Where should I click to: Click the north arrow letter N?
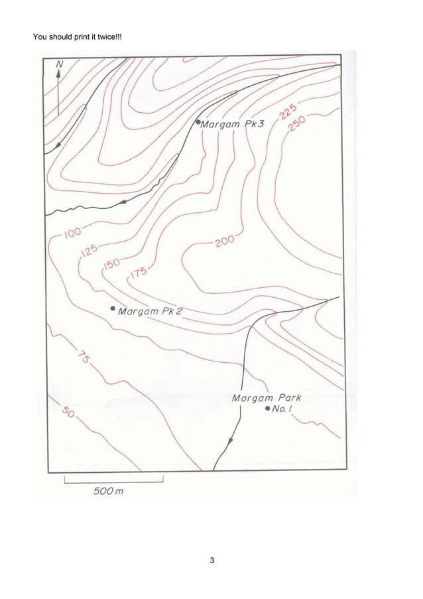tap(60, 64)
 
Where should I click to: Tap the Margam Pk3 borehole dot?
tap(198, 123)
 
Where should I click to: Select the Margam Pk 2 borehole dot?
tap(113, 309)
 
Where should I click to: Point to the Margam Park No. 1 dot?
tap(267, 409)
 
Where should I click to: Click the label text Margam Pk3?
tap(233, 124)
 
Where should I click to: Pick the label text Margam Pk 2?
tap(151, 310)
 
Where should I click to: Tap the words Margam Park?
tap(267, 398)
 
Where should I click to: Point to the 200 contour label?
tap(224, 241)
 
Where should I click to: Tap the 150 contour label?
tap(111, 265)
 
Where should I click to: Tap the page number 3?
tap(211, 563)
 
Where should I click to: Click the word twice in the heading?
tap(106, 34)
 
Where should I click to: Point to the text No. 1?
tap(283, 410)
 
